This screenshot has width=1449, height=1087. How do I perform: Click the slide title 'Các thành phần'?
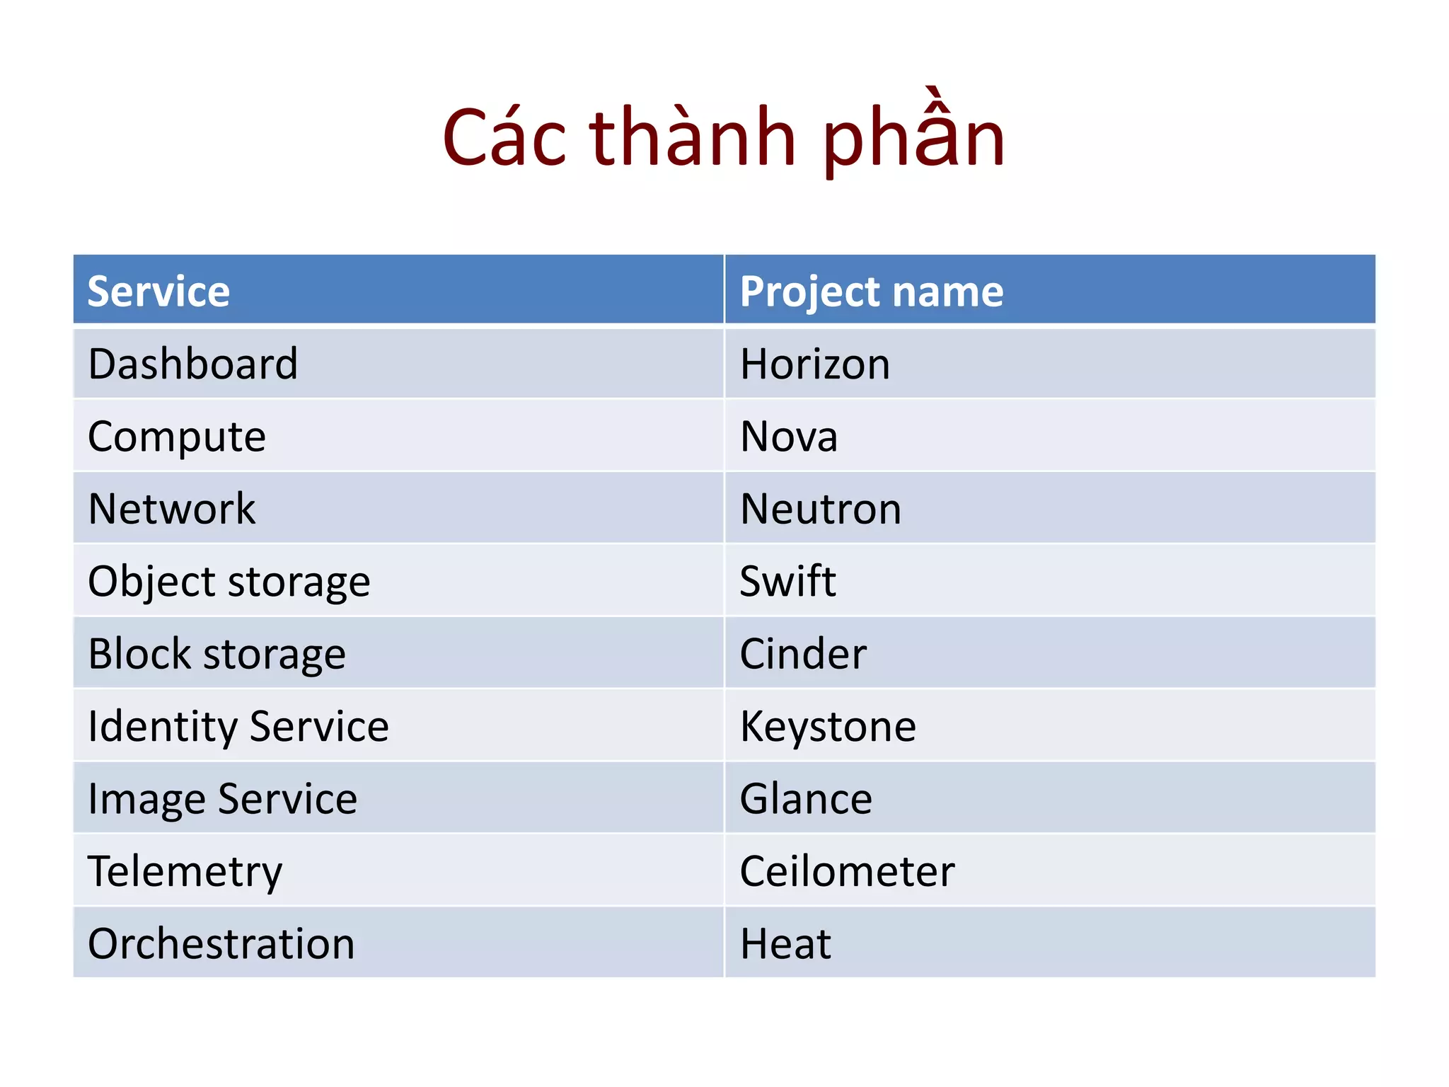coord(723,137)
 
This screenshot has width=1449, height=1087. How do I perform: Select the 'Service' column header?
coord(158,291)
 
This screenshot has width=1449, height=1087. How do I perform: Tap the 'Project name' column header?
coord(871,291)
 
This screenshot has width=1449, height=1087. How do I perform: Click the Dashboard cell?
coord(192,364)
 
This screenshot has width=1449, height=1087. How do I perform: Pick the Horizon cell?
coord(814,364)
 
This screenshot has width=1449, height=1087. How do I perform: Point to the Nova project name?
coord(788,436)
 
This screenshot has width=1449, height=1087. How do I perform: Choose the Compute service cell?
coord(177,436)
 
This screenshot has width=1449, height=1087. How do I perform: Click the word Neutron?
coord(821,508)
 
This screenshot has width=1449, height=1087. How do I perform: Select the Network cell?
coord(171,508)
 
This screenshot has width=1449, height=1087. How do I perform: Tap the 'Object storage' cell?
coord(229,581)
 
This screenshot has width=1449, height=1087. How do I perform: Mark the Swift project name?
coord(787,581)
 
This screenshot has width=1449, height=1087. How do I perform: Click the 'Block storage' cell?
coord(217,653)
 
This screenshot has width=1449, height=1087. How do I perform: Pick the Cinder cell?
coord(802,653)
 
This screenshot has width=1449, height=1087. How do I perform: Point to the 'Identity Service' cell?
coord(238,726)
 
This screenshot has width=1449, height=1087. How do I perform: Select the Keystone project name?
coord(828,726)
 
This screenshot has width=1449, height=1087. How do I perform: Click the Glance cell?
coord(805,798)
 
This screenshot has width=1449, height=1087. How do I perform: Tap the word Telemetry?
coord(185,871)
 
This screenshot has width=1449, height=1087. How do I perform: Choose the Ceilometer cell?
coord(847,871)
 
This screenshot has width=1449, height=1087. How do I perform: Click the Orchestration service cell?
coord(221,943)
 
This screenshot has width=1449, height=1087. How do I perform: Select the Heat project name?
coord(785,943)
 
